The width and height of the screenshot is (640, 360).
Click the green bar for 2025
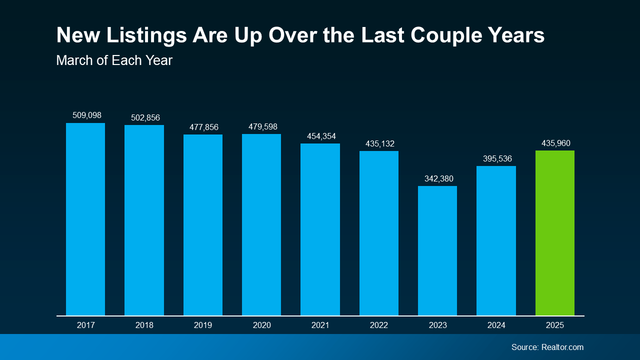pos(554,233)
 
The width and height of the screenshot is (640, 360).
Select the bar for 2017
pos(85,219)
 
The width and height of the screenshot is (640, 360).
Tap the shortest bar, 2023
pos(437,250)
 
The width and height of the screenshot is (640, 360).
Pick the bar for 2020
pos(261,224)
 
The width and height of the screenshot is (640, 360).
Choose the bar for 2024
pos(496,240)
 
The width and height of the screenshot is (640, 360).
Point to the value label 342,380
pos(437,178)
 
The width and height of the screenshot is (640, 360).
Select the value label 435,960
pos(556,143)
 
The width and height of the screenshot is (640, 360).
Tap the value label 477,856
pos(203,127)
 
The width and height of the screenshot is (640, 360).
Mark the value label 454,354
pos(321,136)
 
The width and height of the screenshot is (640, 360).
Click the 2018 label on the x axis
pos(144,325)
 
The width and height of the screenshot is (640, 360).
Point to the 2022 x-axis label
pos(379,325)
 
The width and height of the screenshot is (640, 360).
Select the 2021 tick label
pos(320,325)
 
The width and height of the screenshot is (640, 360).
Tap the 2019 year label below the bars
pos(203,325)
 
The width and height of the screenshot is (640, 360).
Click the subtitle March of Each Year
pos(114,60)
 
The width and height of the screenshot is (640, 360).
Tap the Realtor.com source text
pos(562,347)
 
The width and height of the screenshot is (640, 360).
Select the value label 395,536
pos(497,158)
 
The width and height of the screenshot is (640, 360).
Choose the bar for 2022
pos(379,233)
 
